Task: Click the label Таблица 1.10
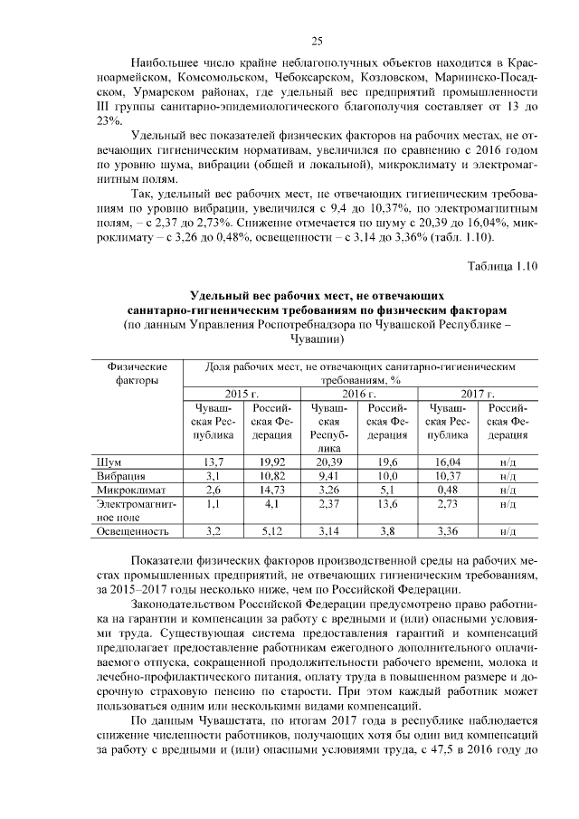[x=502, y=265]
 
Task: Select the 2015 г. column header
[x=243, y=395]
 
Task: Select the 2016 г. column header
[x=359, y=395]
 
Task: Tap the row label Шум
[x=110, y=462]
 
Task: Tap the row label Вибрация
[x=120, y=476]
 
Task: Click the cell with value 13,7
[x=214, y=462]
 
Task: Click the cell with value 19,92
[x=272, y=462]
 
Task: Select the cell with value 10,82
[x=272, y=476]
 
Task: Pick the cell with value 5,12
[x=272, y=530]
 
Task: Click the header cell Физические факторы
[x=137, y=375]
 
